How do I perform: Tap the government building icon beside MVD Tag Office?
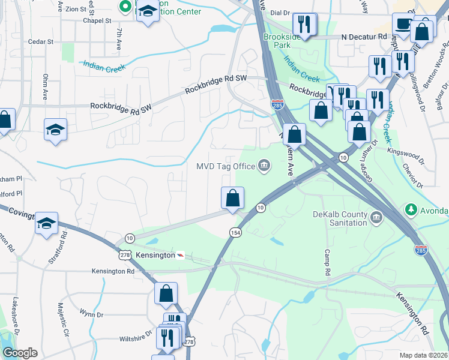[x=264, y=166]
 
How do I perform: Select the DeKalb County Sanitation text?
[x=339, y=218]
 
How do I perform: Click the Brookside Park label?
[x=281, y=41]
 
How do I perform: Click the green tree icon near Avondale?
[x=411, y=210]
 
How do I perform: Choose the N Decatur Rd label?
[x=364, y=37]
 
